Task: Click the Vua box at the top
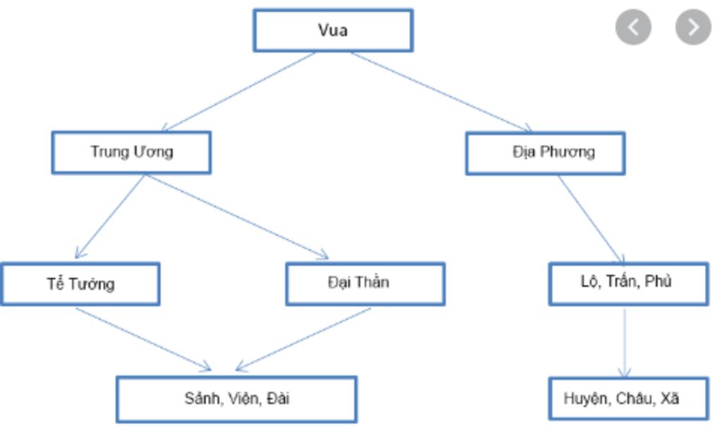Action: [333, 30]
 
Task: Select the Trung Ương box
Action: [131, 152]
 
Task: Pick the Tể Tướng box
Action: [80, 284]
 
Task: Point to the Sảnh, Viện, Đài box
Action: [237, 399]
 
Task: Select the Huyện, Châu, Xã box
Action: [628, 399]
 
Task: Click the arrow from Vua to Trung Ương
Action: [240, 92]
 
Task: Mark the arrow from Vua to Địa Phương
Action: [441, 92]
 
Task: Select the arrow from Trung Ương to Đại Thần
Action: [237, 217]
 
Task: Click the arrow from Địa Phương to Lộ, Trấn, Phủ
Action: [591, 219]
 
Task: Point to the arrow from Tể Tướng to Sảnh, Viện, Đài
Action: [143, 339]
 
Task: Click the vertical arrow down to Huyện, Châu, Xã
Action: [625, 342]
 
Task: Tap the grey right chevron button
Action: [693, 27]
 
